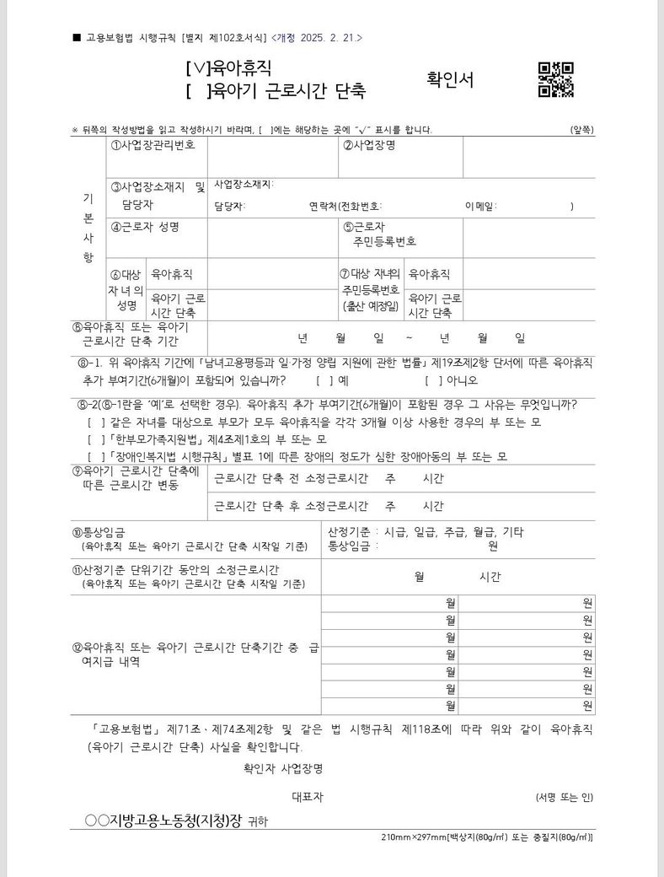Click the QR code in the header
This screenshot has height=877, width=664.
tap(555, 80)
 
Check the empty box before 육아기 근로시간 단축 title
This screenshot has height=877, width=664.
tap(197, 87)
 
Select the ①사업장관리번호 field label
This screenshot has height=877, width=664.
tap(153, 145)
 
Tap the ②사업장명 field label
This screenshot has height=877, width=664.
tap(368, 145)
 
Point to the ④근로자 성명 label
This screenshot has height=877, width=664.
tap(145, 227)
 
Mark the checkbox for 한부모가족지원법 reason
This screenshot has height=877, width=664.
tap(92, 439)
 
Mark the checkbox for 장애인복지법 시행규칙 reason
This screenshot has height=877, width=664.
tap(92, 457)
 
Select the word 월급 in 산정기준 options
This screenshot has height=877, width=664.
tap(474, 531)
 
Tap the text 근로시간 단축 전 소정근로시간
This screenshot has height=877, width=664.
tap(291, 479)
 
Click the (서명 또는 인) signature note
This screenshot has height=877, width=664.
tap(564, 797)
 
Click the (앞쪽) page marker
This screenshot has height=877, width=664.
tap(581, 130)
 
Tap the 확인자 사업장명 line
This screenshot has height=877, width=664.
tap(282, 769)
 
